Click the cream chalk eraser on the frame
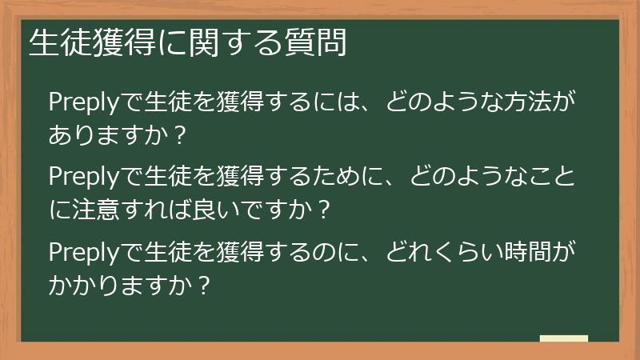pyautogui.click(x=563, y=338)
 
